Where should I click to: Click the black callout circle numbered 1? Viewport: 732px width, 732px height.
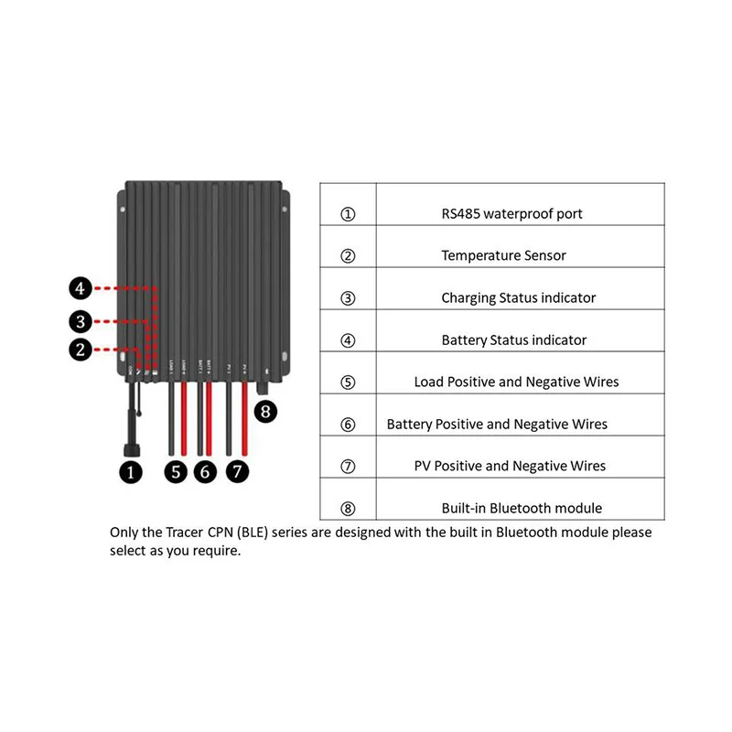point(133,472)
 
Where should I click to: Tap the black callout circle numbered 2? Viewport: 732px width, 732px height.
point(81,349)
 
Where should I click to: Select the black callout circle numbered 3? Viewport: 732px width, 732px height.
point(81,320)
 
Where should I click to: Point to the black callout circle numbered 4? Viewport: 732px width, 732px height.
point(81,289)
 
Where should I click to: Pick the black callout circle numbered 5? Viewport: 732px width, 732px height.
point(176,472)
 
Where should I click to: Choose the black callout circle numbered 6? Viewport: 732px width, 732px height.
point(206,472)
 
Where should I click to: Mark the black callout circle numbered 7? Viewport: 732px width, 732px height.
point(237,472)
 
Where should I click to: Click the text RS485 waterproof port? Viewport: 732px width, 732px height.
point(511,214)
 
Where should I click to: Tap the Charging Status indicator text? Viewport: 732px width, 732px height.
point(518,298)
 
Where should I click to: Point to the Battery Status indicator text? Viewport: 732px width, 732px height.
point(513,340)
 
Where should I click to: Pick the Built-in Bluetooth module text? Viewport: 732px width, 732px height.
point(522,508)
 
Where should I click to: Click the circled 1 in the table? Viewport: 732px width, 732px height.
point(348,214)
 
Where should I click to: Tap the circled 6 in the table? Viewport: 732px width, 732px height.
point(348,425)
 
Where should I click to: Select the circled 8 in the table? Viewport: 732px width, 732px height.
point(348,508)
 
